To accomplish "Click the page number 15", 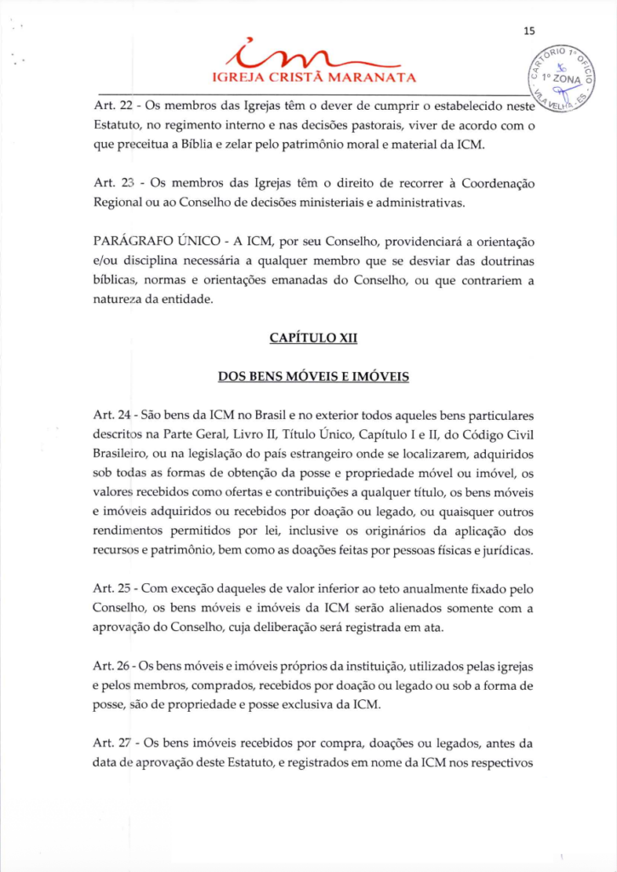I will click(x=529, y=32).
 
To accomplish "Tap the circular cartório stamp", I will click(x=564, y=78).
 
